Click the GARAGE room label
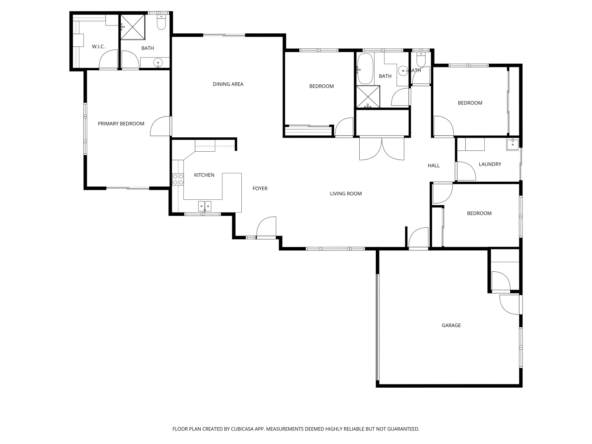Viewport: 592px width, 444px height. pos(451,325)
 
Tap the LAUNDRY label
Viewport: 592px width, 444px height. pos(490,164)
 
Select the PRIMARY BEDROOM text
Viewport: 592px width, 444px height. pos(121,123)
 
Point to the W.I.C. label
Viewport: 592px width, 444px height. pos(98,46)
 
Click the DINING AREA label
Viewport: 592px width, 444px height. pos(228,84)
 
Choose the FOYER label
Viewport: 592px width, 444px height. pos(260,188)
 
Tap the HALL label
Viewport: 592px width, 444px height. pos(433,165)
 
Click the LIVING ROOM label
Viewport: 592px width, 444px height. pos(345,194)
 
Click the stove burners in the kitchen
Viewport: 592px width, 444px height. pos(178,179)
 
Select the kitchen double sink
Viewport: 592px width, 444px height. pos(204,206)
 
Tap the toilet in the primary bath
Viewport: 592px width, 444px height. pos(161,23)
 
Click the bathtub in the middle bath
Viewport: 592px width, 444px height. pos(365,68)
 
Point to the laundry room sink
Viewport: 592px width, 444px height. pos(513,144)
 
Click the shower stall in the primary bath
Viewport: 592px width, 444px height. pos(132,27)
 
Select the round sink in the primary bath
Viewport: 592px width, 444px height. pos(158,63)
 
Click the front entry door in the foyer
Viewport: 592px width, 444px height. pos(266,228)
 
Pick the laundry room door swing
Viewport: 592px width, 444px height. pos(466,171)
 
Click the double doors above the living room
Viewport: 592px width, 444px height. pos(382,148)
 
